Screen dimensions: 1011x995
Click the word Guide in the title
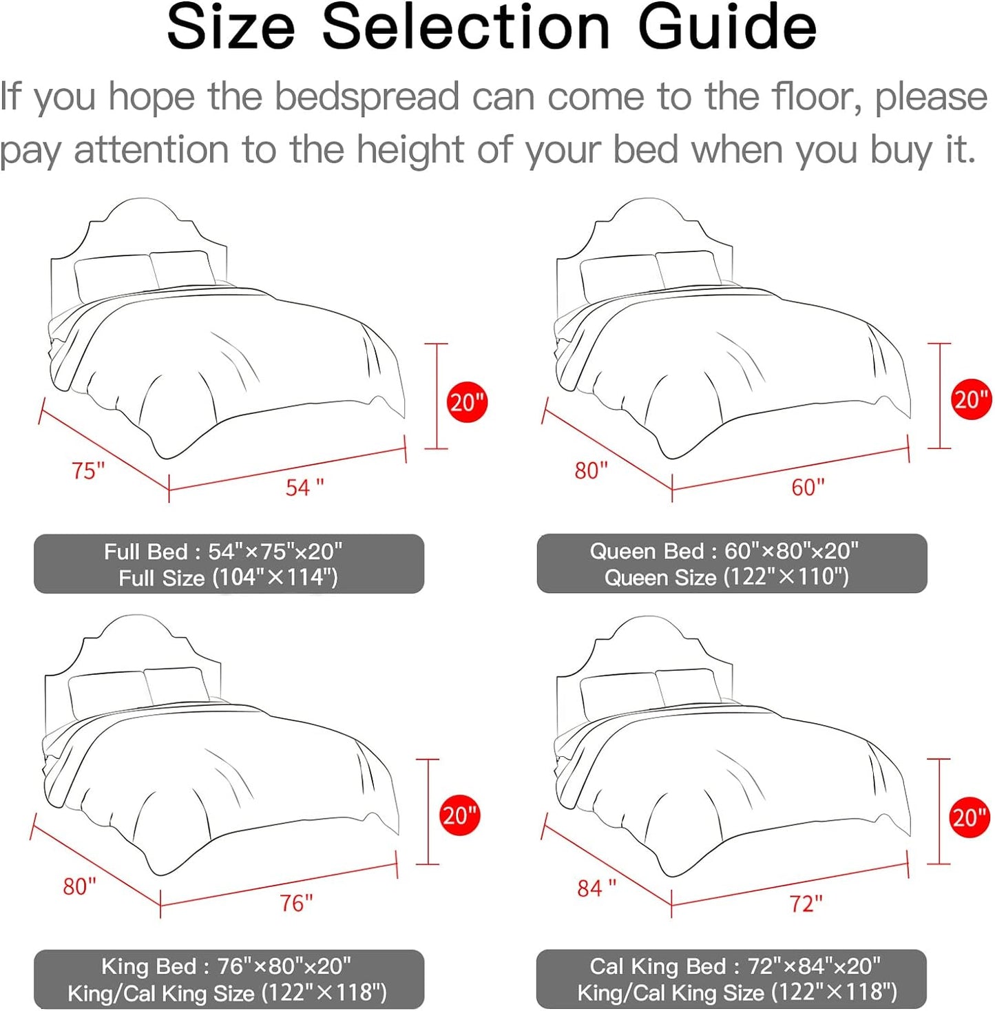tap(727, 28)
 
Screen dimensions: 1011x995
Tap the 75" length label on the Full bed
tap(88, 471)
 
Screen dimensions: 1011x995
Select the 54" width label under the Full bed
tap(304, 488)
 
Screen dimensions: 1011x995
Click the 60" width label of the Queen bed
tap(808, 488)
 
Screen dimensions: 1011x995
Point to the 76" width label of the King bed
tap(296, 903)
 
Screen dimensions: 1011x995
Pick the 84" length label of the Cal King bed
tap(596, 888)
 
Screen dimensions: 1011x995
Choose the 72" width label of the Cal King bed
tap(806, 904)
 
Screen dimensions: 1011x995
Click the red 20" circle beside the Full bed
tap(468, 402)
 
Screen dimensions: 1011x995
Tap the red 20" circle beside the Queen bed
tap(971, 399)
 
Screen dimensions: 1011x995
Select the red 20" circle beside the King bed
tap(459, 816)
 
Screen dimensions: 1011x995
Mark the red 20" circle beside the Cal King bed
tap(970, 817)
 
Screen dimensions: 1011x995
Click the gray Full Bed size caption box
tap(229, 564)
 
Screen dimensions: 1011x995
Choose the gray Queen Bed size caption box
tap(731, 564)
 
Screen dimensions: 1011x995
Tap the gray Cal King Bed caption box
tap(731, 979)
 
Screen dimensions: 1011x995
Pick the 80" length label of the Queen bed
tap(591, 471)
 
